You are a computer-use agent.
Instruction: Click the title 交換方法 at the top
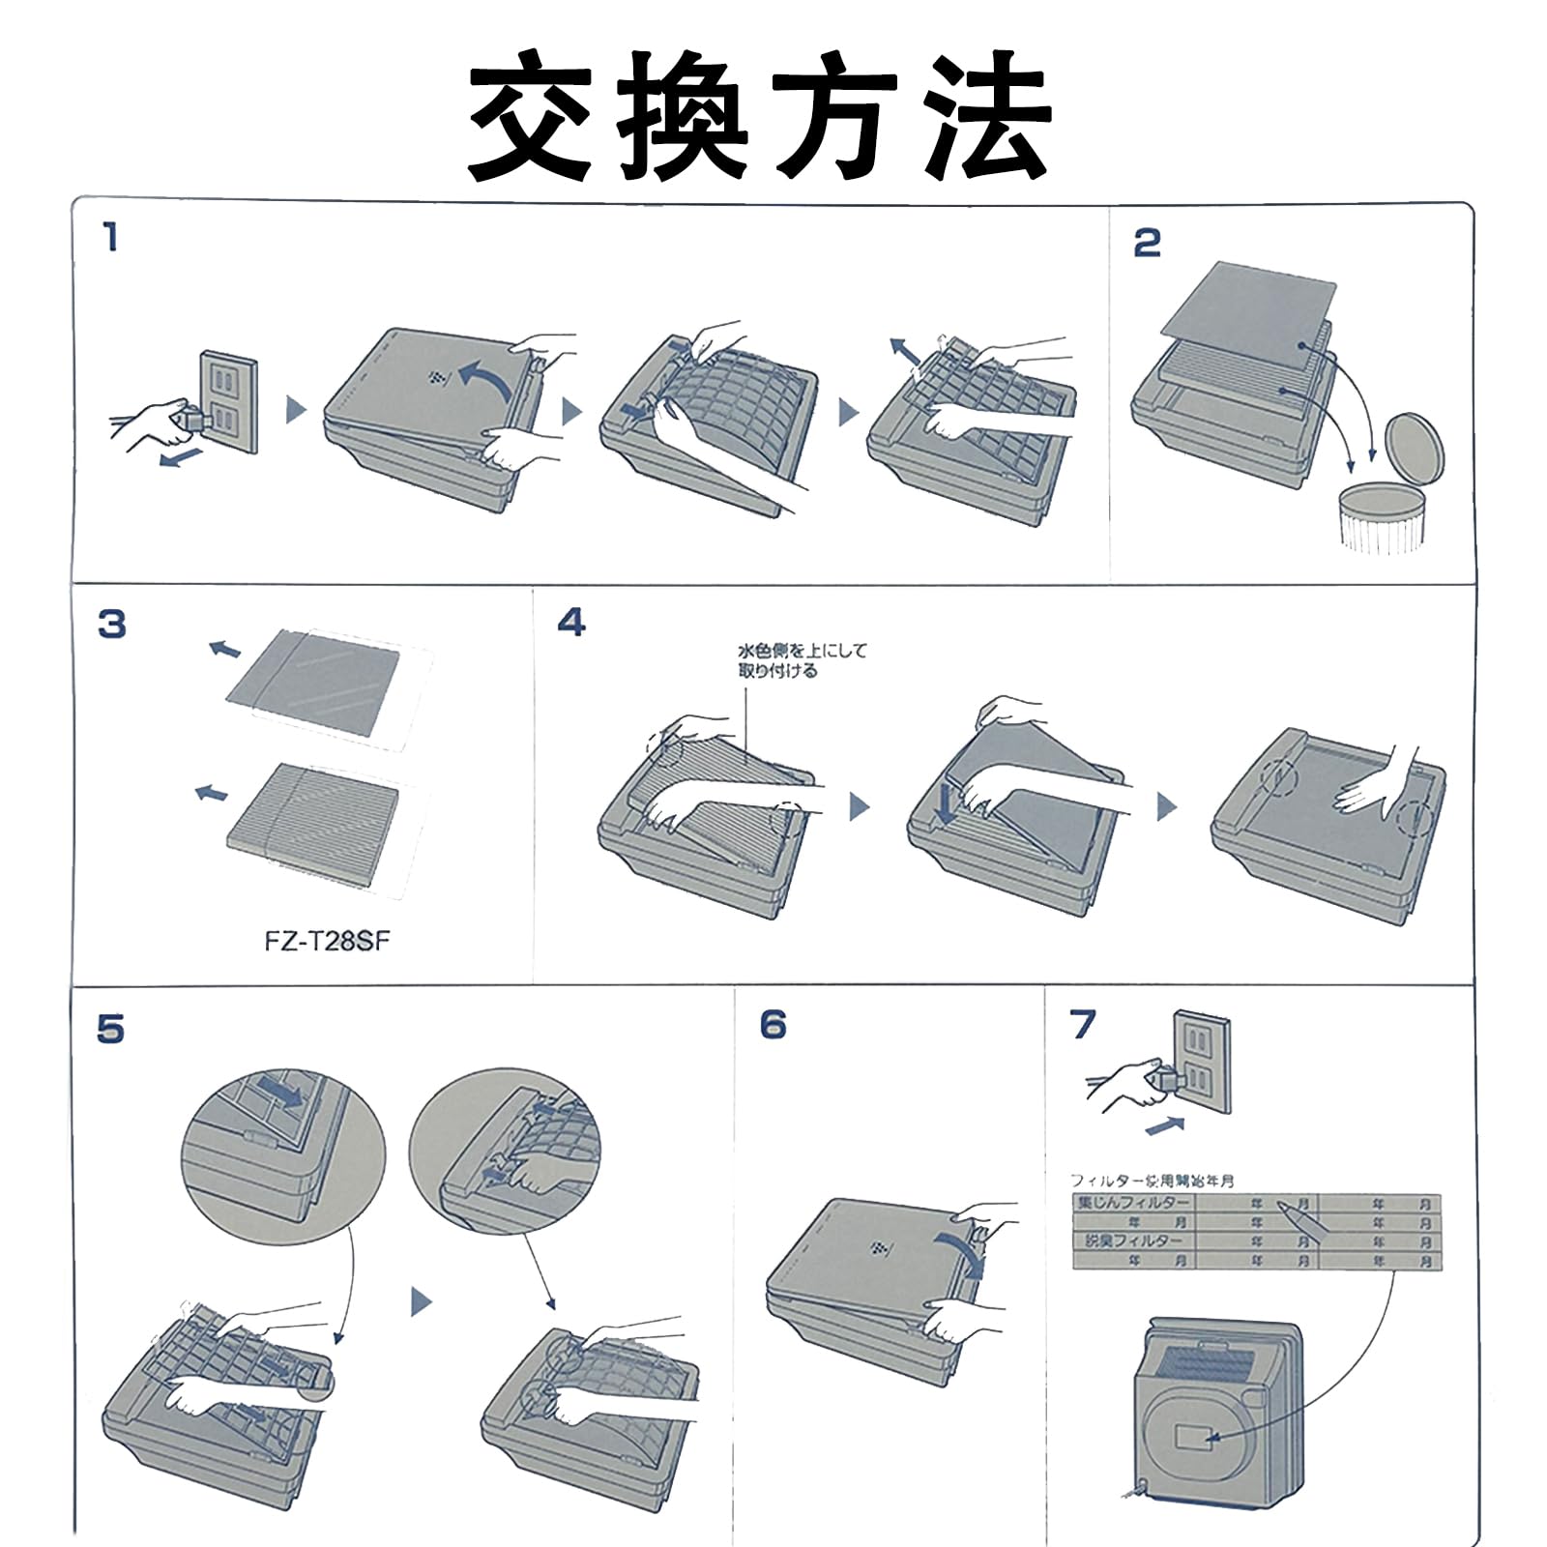(760, 116)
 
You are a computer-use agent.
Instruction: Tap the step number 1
(111, 237)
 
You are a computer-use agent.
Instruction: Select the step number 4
(571, 622)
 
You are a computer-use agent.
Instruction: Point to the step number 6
(773, 1024)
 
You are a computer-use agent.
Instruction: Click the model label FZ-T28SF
(327, 941)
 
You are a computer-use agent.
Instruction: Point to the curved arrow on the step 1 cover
(485, 383)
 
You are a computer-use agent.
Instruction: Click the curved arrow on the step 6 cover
(964, 1249)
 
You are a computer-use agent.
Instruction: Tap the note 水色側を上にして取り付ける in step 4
(802, 660)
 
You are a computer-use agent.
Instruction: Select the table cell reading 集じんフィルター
(1133, 1203)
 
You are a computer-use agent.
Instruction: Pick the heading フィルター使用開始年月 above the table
(1152, 1181)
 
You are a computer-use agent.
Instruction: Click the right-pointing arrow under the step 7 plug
(1165, 1126)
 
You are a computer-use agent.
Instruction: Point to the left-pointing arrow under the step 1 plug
(181, 455)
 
